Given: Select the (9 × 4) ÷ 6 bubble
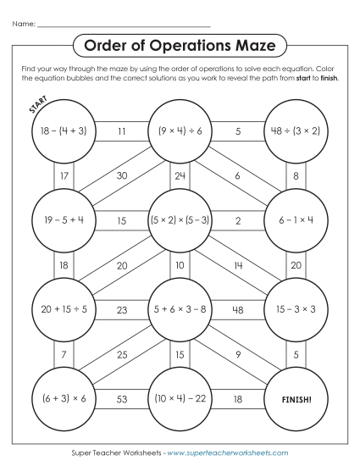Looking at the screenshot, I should pyautogui.click(x=180, y=131).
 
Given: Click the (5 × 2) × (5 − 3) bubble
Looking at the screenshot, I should pyautogui.click(x=180, y=220).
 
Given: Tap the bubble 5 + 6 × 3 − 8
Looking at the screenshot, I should pyautogui.click(x=180, y=309).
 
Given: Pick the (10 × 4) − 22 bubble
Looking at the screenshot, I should pyautogui.click(x=180, y=397).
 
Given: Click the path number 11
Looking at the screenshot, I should pyautogui.click(x=122, y=131).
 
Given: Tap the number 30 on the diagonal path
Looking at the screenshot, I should pyautogui.click(x=122, y=175).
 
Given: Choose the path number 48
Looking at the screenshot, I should pyautogui.click(x=238, y=309).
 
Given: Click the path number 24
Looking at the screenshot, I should pyautogui.click(x=180, y=176).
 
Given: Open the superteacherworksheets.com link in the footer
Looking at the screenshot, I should pyautogui.click(x=229, y=453).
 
